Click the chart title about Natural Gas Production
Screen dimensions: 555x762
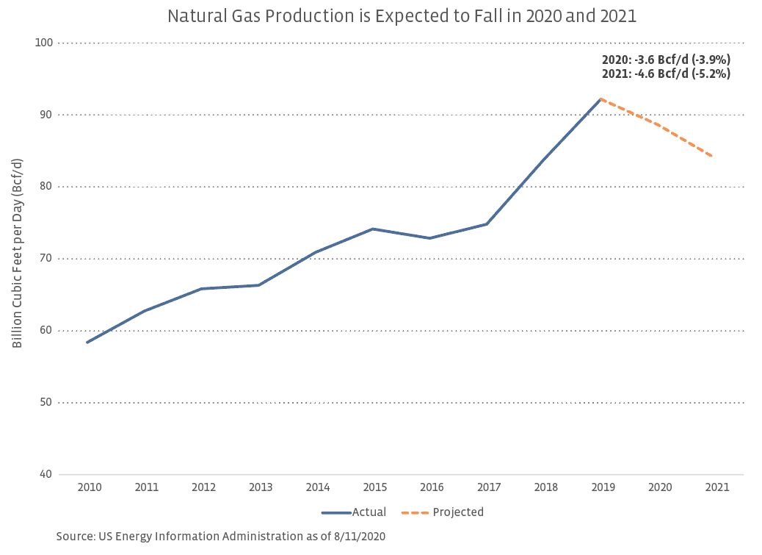(381, 16)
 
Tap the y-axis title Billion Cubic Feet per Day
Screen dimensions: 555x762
(18, 253)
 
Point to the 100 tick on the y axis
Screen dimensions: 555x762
(44, 43)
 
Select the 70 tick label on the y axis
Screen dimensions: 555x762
(46, 259)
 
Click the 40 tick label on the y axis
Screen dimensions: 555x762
(46, 474)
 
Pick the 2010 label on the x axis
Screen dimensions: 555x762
(90, 487)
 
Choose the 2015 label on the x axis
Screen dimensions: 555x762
(375, 487)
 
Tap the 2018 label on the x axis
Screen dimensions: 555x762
(546, 487)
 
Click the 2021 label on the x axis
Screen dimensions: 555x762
(717, 487)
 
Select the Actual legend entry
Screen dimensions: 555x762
(354, 512)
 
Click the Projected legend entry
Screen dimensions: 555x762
(443, 512)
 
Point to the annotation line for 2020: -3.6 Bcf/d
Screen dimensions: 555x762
(666, 60)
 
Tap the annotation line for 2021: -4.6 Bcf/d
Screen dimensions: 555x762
(666, 74)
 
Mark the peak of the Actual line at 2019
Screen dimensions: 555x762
(601, 99)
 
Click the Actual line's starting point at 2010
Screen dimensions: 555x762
(87, 342)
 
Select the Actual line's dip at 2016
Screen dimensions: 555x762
(430, 238)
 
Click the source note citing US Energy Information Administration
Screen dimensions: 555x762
(221, 537)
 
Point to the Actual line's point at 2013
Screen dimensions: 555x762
(258, 285)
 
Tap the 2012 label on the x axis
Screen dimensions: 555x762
(204, 487)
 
